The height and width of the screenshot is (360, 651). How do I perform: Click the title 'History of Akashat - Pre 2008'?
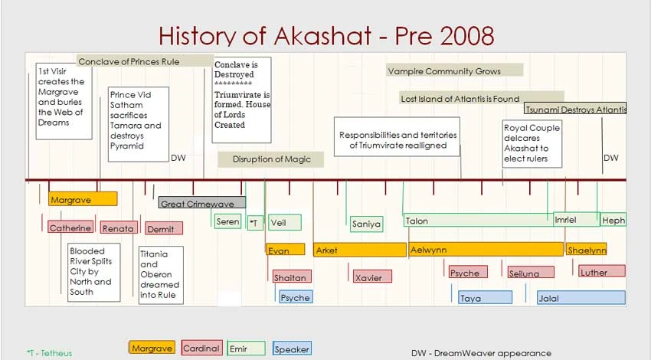(326, 35)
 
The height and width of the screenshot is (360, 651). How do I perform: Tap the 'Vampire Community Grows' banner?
(454, 70)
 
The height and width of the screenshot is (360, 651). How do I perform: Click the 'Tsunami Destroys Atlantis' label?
(575, 109)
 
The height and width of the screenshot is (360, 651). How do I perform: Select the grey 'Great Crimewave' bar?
(202, 203)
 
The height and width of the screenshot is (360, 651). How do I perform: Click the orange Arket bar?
(359, 250)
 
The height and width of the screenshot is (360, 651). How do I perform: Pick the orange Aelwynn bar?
(486, 250)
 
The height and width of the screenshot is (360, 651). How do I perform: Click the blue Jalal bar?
(581, 298)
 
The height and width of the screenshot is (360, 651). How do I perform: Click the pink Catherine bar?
(70, 227)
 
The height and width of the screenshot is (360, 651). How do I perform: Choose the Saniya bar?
(366, 224)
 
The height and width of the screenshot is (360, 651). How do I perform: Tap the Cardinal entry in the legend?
(201, 349)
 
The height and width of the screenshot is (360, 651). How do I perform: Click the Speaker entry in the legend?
(292, 349)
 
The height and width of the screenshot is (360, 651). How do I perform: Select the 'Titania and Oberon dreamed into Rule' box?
(161, 274)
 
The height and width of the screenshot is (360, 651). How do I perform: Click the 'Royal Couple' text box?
(532, 143)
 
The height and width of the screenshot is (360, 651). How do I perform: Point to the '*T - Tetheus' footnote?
(49, 353)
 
